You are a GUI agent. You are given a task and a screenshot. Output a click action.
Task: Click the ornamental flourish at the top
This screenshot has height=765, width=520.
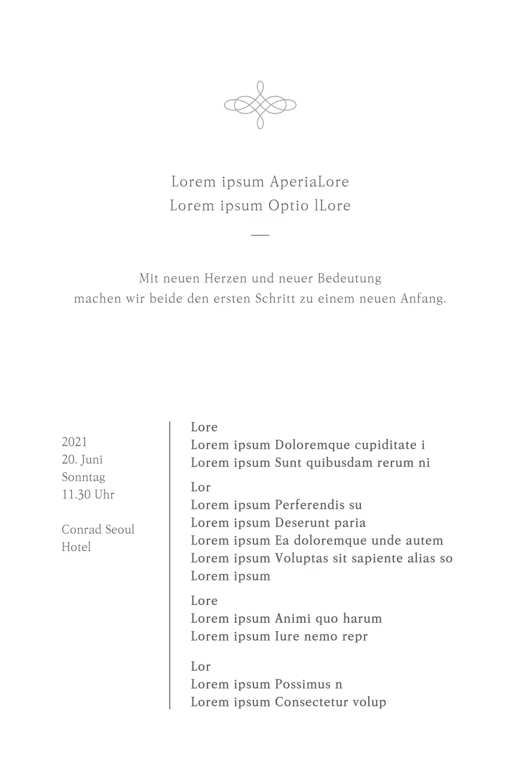pyautogui.click(x=260, y=105)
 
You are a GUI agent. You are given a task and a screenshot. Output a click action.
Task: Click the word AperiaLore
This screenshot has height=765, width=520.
pyautogui.click(x=309, y=182)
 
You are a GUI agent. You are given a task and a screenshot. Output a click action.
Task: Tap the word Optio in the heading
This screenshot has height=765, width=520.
pyautogui.click(x=289, y=206)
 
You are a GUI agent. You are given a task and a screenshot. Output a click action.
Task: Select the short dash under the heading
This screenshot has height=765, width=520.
pyautogui.click(x=260, y=235)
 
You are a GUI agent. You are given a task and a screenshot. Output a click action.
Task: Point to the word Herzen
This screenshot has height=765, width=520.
pyautogui.click(x=226, y=279)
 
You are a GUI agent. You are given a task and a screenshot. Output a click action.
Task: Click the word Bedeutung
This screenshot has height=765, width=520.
pyautogui.click(x=349, y=279)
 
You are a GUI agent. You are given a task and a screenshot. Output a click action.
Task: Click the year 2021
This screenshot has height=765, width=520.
pyautogui.click(x=75, y=442)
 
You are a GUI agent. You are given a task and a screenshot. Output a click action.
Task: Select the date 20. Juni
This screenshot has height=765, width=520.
pyautogui.click(x=82, y=460)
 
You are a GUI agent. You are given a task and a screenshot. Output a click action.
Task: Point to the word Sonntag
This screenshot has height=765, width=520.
pyautogui.click(x=84, y=477)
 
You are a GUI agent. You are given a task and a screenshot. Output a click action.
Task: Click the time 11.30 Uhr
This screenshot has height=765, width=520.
pyautogui.click(x=88, y=494)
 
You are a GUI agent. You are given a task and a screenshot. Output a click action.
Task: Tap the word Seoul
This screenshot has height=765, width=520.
pyautogui.click(x=120, y=530)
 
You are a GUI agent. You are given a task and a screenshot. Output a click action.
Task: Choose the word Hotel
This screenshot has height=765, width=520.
pyautogui.click(x=77, y=547)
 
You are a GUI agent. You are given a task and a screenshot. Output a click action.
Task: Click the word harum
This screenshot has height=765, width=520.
pyautogui.click(x=362, y=619)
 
